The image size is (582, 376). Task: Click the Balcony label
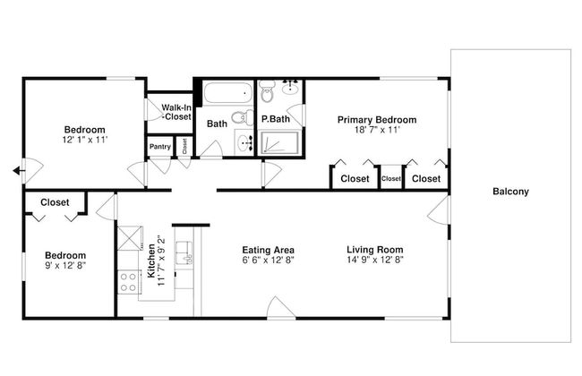pyautogui.click(x=510, y=192)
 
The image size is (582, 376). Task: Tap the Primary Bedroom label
pyautogui.click(x=376, y=119)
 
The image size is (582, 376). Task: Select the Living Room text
pyautogui.click(x=375, y=250)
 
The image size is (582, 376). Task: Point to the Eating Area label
pyautogui.click(x=269, y=250)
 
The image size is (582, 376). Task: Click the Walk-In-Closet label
pyautogui.click(x=175, y=112)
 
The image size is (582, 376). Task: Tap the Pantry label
pyautogui.click(x=160, y=147)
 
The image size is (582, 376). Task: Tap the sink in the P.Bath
pyautogui.click(x=290, y=87)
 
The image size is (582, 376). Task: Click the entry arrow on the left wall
pyautogui.click(x=18, y=172)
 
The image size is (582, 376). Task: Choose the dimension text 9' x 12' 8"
pyautogui.click(x=66, y=266)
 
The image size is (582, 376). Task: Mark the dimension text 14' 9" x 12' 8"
pyautogui.click(x=375, y=261)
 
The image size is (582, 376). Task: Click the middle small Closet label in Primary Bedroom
pyautogui.click(x=390, y=179)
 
